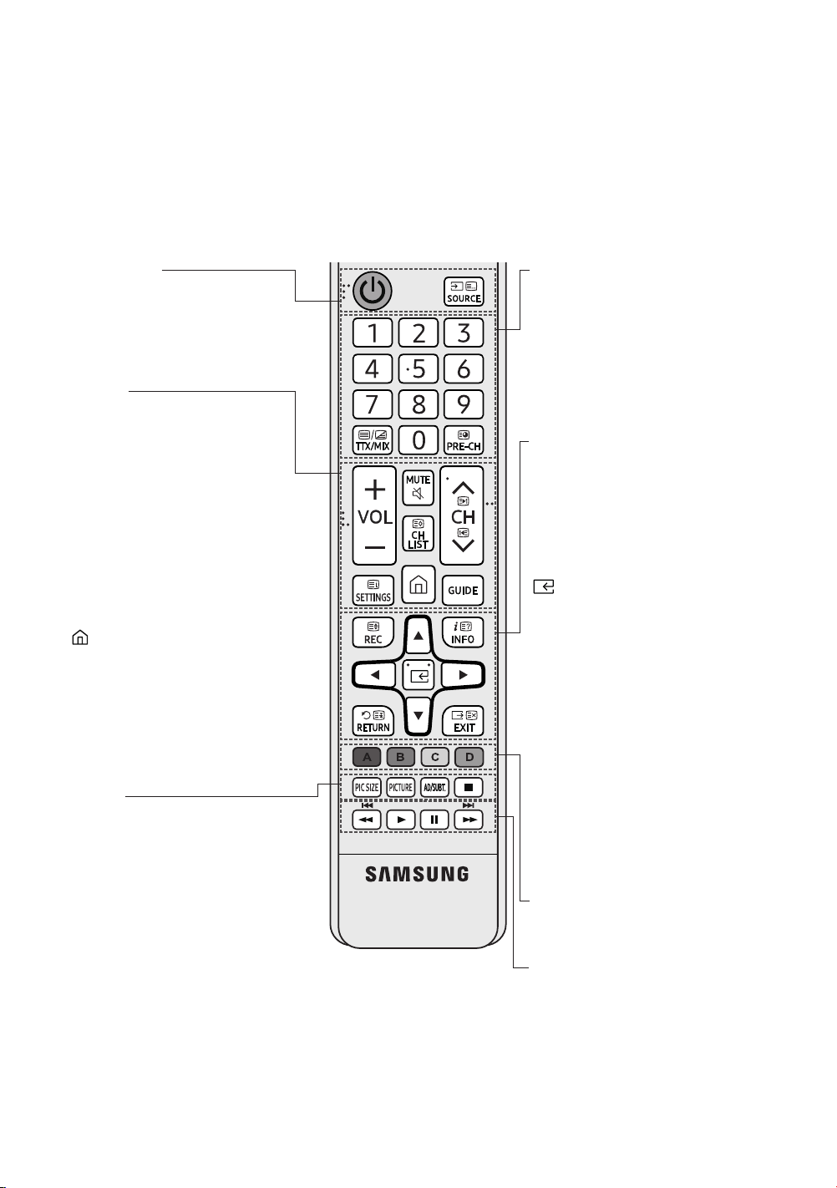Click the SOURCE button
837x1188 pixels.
[464, 292]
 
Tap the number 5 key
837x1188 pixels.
[418, 368]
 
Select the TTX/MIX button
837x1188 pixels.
[373, 440]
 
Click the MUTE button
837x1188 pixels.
[418, 487]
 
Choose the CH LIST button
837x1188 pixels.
[418, 534]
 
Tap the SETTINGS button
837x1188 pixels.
[373, 591]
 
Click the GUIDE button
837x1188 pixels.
[463, 591]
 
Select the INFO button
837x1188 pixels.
[463, 632]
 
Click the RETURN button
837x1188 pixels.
[373, 721]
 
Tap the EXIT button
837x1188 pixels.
[463, 721]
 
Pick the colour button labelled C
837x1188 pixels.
[435, 757]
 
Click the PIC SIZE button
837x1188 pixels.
[367, 788]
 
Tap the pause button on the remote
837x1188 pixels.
[434, 820]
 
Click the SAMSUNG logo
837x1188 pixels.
[418, 874]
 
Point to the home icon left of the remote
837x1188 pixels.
[80, 637]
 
